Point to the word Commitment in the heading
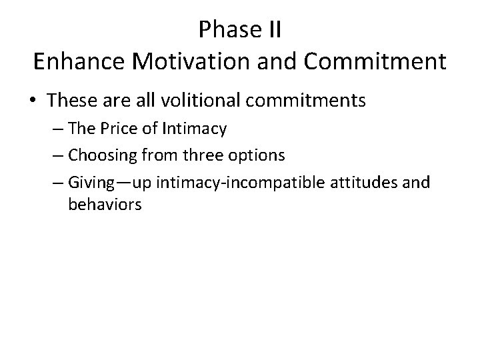pyautogui.click(x=376, y=61)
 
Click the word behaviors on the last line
pyautogui.click(x=105, y=205)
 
